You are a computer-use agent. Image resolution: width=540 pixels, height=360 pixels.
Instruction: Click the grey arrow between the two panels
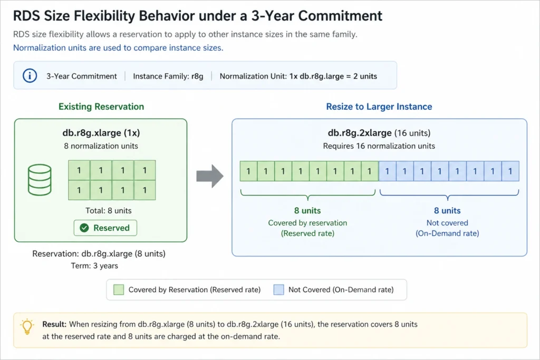coord(210,176)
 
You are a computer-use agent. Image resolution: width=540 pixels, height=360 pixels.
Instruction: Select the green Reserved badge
coord(105,228)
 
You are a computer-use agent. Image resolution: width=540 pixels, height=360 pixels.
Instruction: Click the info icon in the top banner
coord(30,76)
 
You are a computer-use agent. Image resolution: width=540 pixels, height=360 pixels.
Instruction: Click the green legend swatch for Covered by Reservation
coord(119,289)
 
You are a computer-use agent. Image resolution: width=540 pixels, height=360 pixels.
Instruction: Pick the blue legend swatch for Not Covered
coord(279,289)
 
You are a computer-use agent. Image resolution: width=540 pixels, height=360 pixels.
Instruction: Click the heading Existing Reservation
coord(101,106)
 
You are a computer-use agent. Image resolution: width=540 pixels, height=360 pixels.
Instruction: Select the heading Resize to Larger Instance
coord(379,106)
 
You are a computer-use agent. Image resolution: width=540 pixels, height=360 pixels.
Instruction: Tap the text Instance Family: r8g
coord(168,76)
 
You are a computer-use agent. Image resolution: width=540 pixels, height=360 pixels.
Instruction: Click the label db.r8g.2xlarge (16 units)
coord(379,133)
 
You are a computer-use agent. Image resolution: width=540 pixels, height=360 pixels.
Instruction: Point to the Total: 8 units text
coord(109,210)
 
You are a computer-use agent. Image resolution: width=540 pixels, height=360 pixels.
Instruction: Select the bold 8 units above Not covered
coord(447,210)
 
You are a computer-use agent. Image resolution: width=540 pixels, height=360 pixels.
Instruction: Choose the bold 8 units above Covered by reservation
coord(307,210)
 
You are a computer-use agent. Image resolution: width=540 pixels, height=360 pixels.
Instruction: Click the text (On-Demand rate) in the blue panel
coord(447,233)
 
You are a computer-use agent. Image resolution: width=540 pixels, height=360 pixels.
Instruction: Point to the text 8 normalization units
coord(101,146)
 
